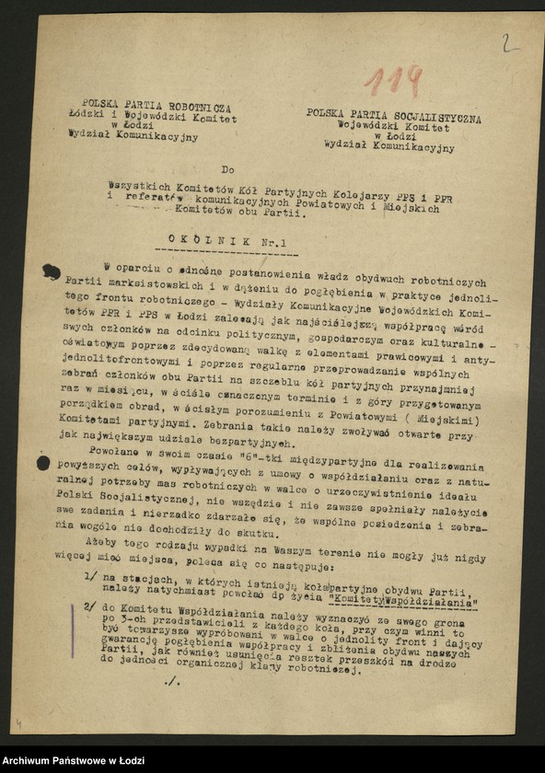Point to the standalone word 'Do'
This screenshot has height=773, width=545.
tap(227, 170)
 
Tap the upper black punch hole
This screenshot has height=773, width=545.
tap(50, 271)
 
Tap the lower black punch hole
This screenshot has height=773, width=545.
tap(42, 464)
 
